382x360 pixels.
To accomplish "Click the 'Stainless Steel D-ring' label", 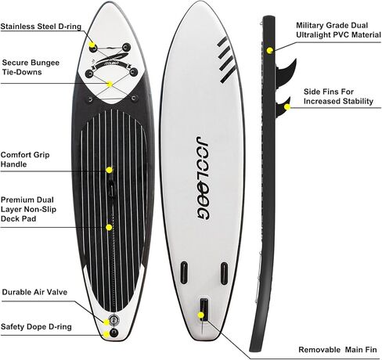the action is pyautogui.click(x=41, y=27).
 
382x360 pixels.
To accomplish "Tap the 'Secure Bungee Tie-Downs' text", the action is pyautogui.click(x=31, y=67).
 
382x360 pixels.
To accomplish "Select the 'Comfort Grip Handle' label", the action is pyautogui.click(x=25, y=160).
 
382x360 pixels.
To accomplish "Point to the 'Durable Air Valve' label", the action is pyautogui.click(x=34, y=292).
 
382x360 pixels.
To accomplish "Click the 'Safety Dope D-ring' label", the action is pyautogui.click(x=36, y=327).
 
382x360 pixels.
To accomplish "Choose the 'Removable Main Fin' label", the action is pyautogui.click(x=337, y=350).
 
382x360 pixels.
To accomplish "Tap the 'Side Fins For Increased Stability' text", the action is pyautogui.click(x=338, y=96).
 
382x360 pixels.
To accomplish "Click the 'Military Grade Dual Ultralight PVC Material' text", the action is pyautogui.click(x=338, y=30).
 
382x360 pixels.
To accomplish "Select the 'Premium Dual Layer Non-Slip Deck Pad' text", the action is pyautogui.click(x=28, y=209).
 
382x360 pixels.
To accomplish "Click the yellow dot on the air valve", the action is pyautogui.click(x=106, y=322).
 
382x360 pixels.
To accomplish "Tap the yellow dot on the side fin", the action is pyautogui.click(x=287, y=107).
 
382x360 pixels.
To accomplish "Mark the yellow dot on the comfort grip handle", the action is pyautogui.click(x=109, y=170).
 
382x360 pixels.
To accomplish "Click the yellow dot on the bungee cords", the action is pyautogui.click(x=110, y=85).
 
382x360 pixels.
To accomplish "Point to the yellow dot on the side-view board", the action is pyautogui.click(x=270, y=51).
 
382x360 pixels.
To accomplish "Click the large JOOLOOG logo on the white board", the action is pyautogui.click(x=203, y=178).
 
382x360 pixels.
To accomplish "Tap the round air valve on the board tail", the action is pyautogui.click(x=114, y=319).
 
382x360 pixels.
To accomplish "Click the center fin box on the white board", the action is pyautogui.click(x=204, y=310).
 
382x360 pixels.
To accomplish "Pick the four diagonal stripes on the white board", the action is pyautogui.click(x=226, y=59).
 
